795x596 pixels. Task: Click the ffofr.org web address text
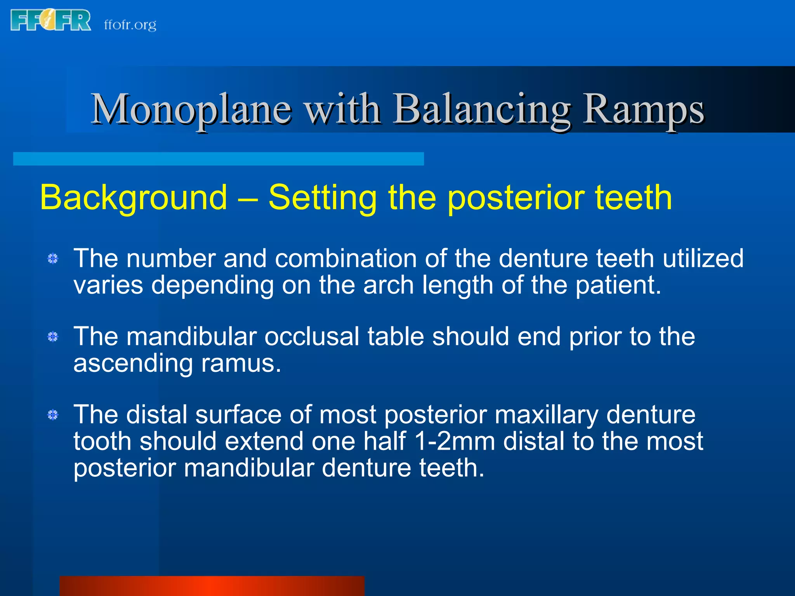click(x=130, y=25)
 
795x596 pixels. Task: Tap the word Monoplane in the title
click(x=191, y=110)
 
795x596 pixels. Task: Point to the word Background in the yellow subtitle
click(x=134, y=198)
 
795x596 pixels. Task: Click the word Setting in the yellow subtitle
click(x=323, y=198)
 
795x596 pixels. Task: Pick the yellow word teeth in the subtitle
click(x=633, y=198)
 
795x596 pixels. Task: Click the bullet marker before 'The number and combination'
click(x=53, y=258)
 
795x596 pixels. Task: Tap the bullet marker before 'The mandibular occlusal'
click(x=53, y=336)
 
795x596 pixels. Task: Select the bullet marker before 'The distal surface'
click(x=53, y=415)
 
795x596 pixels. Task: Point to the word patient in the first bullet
click(x=617, y=285)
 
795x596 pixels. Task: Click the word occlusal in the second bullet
click(x=312, y=336)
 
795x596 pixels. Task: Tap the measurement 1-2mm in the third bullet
click(x=455, y=442)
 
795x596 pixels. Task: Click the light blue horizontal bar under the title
click(x=219, y=159)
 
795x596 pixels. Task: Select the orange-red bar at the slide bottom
click(x=212, y=586)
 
